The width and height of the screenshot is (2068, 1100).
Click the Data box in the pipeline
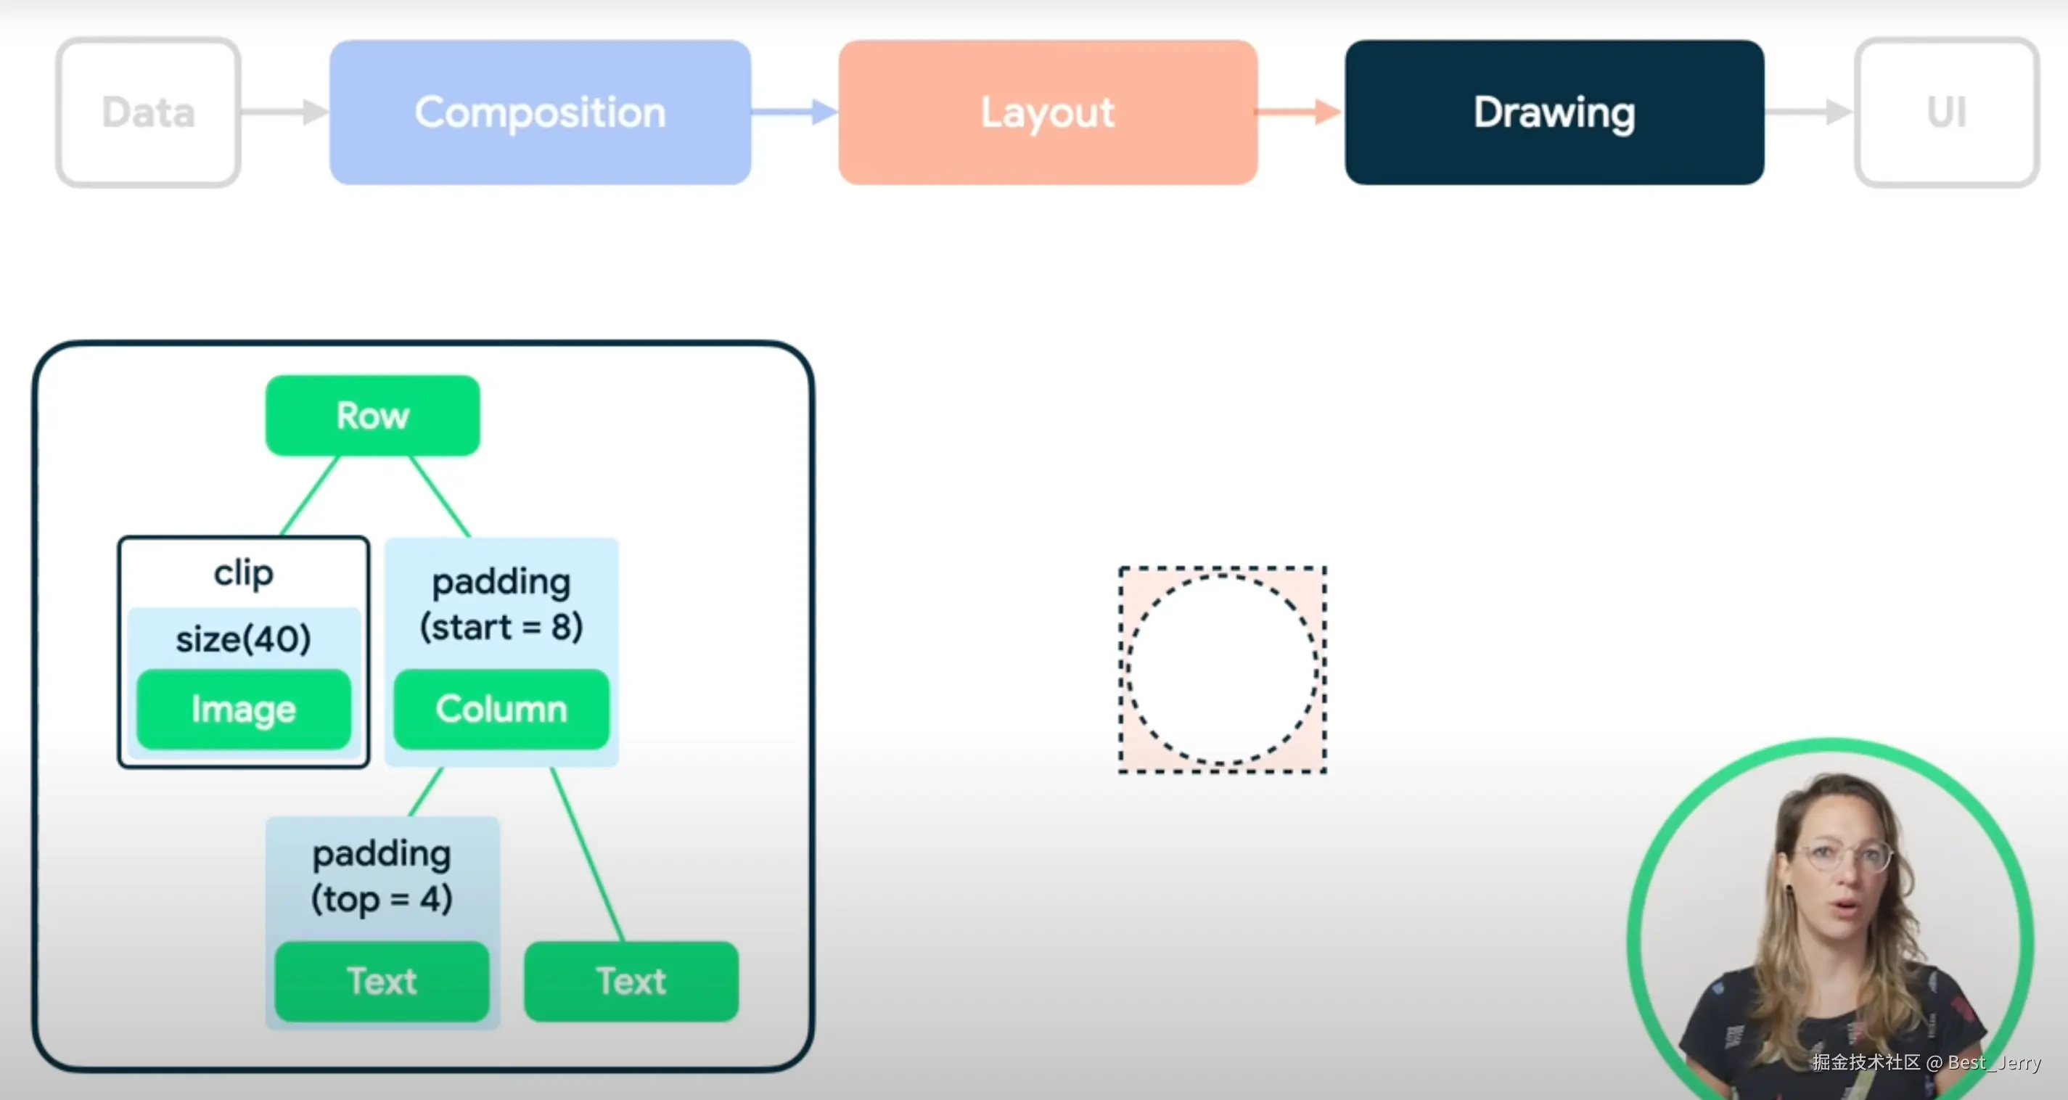[x=149, y=112]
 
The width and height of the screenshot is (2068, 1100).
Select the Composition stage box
[x=541, y=112]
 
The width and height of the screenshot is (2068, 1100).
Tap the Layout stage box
[x=1048, y=112]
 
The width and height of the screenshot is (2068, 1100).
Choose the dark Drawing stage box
[x=1554, y=112]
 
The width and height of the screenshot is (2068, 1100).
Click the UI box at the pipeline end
[x=1947, y=112]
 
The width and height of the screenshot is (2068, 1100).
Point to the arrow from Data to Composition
[x=285, y=112]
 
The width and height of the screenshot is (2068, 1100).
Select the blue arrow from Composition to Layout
[x=795, y=112]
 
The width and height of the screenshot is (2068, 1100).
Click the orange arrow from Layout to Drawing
[x=1300, y=112]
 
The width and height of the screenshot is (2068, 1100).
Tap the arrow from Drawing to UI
[x=1809, y=112]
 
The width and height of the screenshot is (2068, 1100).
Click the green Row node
[x=372, y=416]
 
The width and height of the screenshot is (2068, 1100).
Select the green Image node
[x=244, y=709]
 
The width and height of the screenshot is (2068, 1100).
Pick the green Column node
[x=501, y=709]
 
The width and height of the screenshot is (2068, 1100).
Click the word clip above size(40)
[x=244, y=573]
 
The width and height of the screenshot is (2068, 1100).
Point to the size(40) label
[x=244, y=639]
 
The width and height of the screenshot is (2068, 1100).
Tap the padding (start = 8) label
[x=501, y=604]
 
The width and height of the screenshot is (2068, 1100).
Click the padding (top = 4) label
[x=382, y=876]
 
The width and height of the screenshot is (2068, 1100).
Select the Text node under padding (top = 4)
[x=382, y=981]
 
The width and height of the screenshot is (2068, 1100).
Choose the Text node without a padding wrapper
[x=632, y=981]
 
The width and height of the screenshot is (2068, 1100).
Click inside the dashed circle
[x=1222, y=668]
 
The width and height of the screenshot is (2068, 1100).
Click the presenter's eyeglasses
[x=1847, y=857]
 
